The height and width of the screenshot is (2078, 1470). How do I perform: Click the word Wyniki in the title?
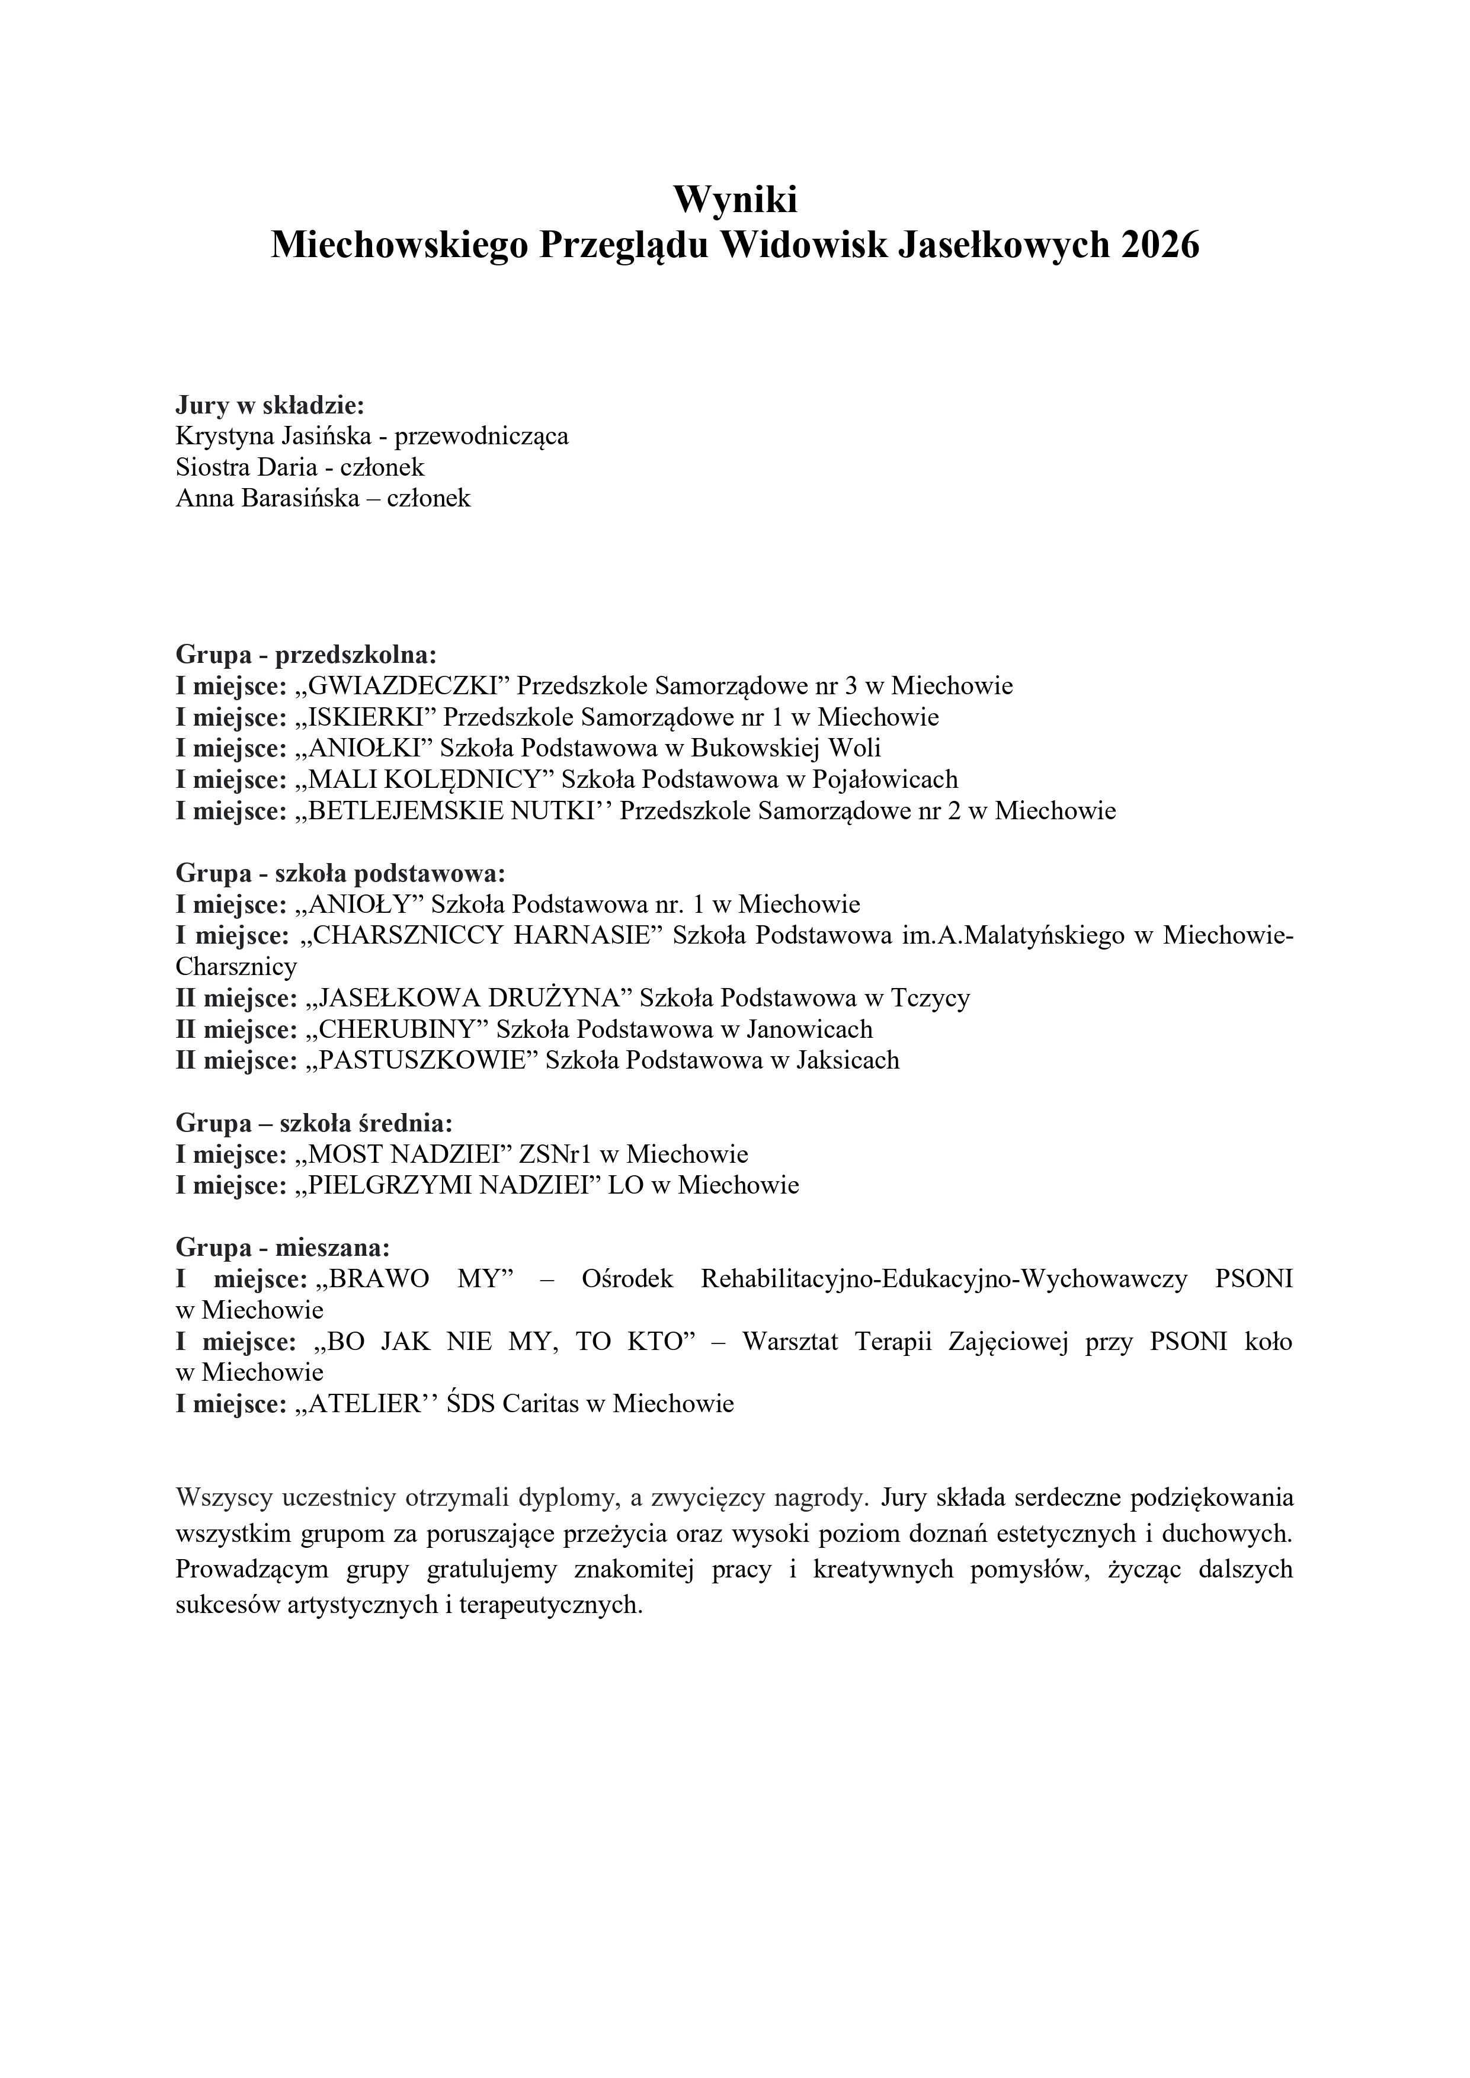pyautogui.click(x=734, y=199)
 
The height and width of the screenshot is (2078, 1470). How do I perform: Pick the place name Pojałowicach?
pyautogui.click(x=885, y=780)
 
